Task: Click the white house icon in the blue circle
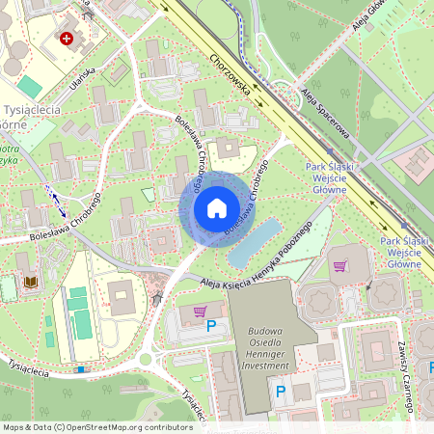click(x=217, y=208)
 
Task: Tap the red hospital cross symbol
click(x=67, y=39)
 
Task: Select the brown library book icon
click(x=32, y=282)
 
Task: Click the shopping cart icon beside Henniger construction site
click(x=200, y=311)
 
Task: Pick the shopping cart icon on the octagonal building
click(x=339, y=266)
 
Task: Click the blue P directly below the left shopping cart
click(x=211, y=327)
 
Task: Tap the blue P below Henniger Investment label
click(x=281, y=391)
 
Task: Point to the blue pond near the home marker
click(x=255, y=242)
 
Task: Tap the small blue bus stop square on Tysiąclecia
click(x=80, y=368)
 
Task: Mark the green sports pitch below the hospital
click(x=29, y=87)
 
